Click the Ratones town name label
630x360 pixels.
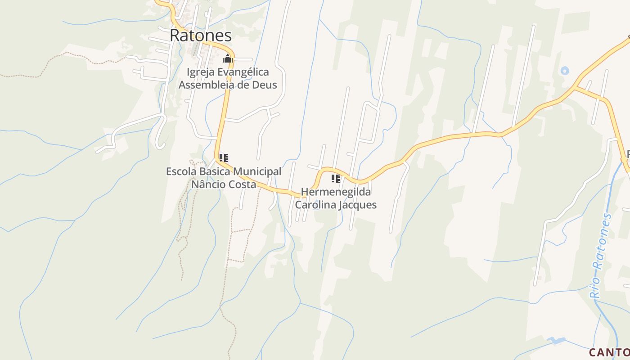[201, 36]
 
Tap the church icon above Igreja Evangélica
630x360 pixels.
[228, 58]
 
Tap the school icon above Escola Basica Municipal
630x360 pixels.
[224, 158]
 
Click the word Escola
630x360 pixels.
[181, 171]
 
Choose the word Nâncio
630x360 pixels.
[208, 184]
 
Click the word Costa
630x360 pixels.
[242, 184]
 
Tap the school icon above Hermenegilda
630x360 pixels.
[336, 179]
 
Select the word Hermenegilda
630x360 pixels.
[336, 192]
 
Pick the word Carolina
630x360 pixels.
[315, 205]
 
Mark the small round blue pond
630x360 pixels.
[565, 71]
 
